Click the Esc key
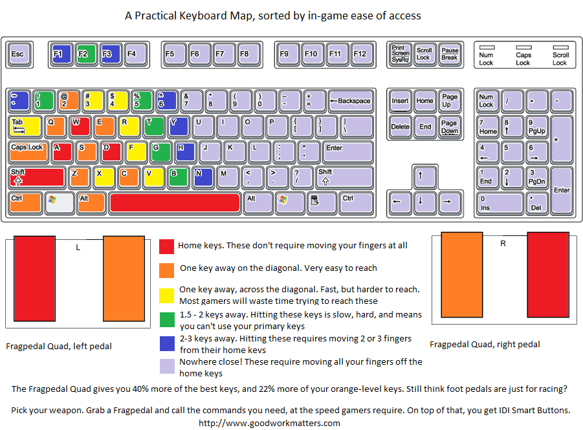pos(17,54)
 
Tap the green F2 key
pos(85,54)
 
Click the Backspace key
pos(350,100)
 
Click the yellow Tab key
pos(25,125)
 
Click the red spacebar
pos(175,202)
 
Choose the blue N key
pos(202,176)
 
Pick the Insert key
pos(400,102)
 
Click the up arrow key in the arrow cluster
pos(422,175)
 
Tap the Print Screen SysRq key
pos(400,54)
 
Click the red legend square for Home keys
pos(167,246)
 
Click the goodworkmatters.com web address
pos(269,423)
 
